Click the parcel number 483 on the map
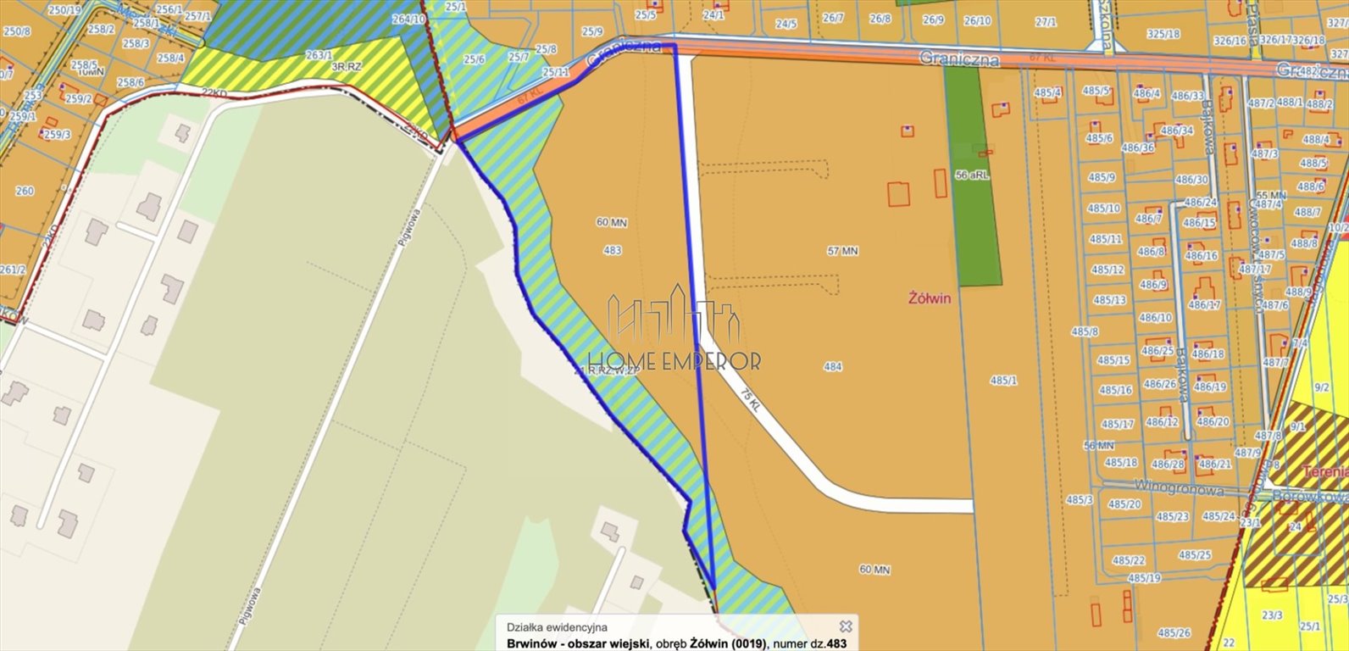(x=612, y=250)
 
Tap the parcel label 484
(x=833, y=366)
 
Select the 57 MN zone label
(x=842, y=251)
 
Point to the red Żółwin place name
(x=930, y=298)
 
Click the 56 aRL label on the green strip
(x=972, y=175)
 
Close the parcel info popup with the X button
(x=845, y=626)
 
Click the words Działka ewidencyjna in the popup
(x=557, y=627)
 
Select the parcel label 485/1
(x=1003, y=381)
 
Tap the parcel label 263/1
(x=319, y=55)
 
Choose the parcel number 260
(x=25, y=191)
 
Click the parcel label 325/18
(x=1163, y=34)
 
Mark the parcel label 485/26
(x=1174, y=632)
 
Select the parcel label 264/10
(x=408, y=19)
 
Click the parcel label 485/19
(x=1144, y=578)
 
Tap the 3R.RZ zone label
(x=347, y=66)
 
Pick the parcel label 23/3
(x=1272, y=615)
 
